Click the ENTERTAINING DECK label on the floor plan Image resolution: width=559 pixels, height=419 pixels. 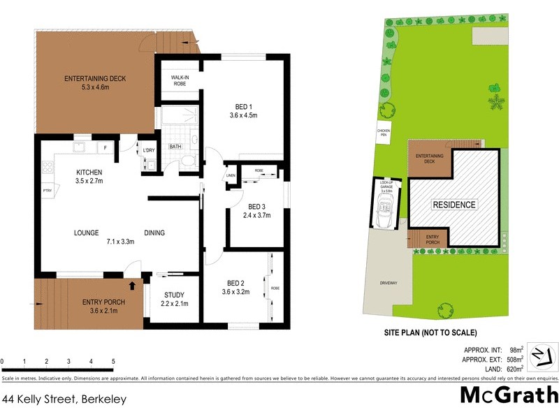coord(95,79)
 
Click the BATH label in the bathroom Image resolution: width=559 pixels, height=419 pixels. coord(176,147)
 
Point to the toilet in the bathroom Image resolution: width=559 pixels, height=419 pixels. coord(186,162)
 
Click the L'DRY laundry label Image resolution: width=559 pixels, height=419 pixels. coord(148,151)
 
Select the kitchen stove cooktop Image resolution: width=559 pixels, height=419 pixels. coord(48,167)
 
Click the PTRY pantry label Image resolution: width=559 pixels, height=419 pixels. coord(48,191)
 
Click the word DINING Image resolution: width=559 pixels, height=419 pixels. coord(154,233)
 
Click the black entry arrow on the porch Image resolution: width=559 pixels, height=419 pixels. coord(131,285)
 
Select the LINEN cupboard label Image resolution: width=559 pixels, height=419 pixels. coord(230,176)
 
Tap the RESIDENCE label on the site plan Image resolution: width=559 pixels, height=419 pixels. coord(453,205)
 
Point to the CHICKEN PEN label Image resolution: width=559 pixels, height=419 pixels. coord(384,132)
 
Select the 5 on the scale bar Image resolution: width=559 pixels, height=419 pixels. coord(113,361)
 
